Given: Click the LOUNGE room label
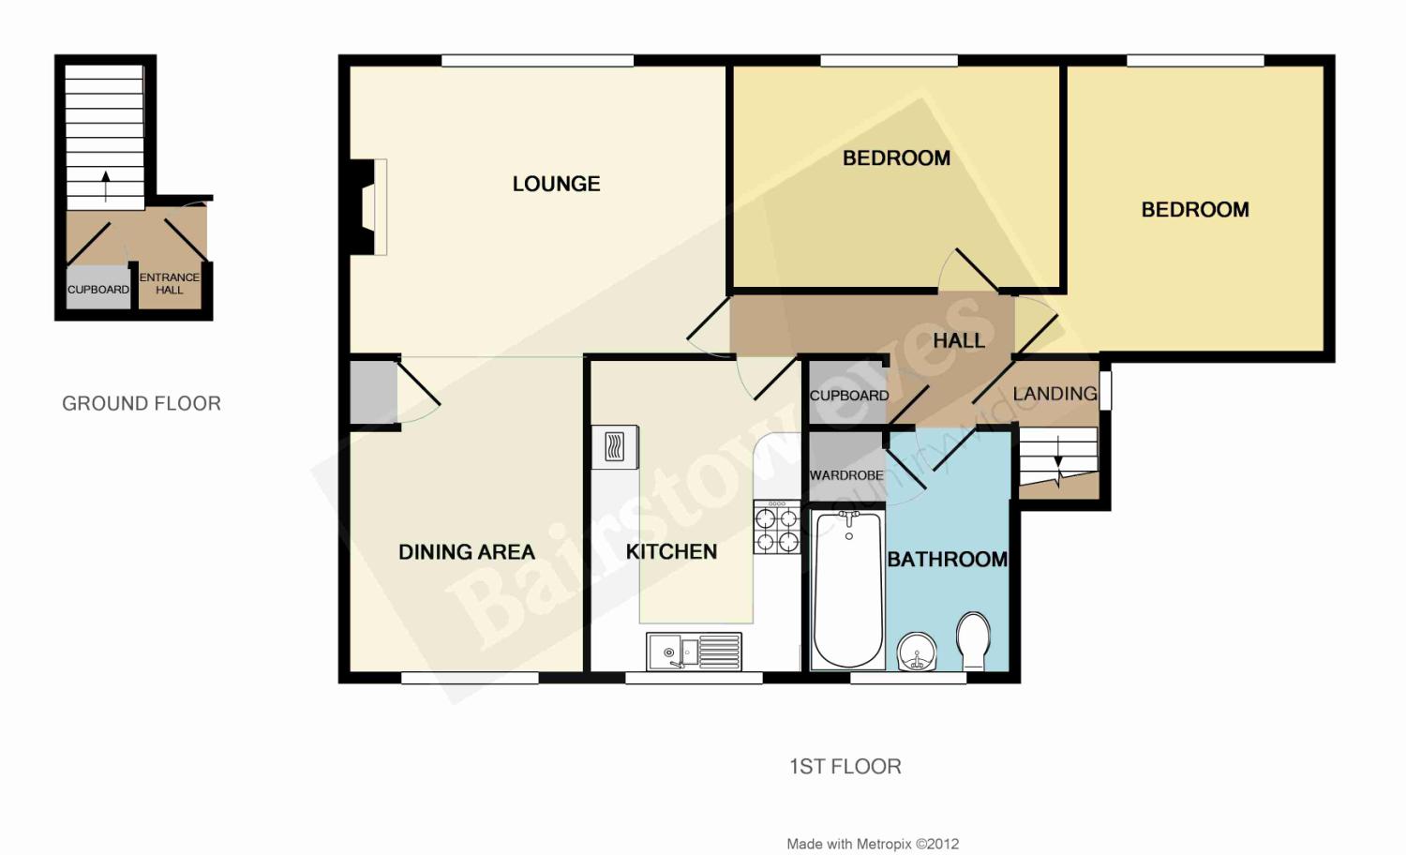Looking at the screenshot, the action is tap(556, 184).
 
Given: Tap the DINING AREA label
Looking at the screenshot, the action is tap(467, 552).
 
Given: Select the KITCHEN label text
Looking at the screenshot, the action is tap(671, 551).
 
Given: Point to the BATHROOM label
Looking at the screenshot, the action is tap(947, 559).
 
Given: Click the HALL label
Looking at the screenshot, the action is tap(959, 340).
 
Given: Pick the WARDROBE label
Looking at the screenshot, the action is tap(846, 475).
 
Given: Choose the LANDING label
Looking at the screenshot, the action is tap(1055, 394).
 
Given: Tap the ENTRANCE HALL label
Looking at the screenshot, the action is tap(170, 283).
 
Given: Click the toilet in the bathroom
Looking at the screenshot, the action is tap(973, 641).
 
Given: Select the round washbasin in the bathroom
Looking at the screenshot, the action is tap(917, 651).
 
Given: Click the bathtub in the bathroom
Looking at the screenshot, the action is tap(848, 590).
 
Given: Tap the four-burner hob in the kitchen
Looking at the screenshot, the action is tap(777, 527).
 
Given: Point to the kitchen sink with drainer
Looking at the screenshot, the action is tap(694, 651).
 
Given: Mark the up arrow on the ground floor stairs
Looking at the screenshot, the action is tap(105, 187).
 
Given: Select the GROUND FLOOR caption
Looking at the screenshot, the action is tap(142, 403).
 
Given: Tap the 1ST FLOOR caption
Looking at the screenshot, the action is tap(845, 766).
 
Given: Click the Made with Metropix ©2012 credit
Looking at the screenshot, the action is tap(873, 844).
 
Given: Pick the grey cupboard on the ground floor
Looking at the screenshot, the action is tap(97, 287).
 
